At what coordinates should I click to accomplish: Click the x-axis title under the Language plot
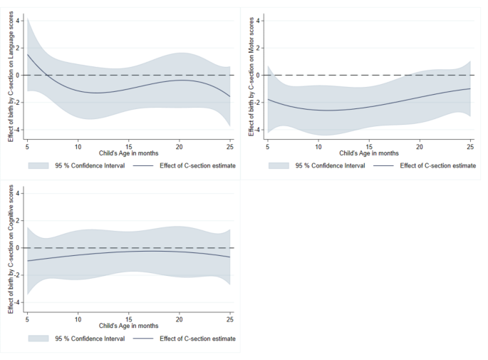pyautogui.click(x=128, y=153)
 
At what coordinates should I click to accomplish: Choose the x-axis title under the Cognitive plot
pyautogui.click(x=128, y=324)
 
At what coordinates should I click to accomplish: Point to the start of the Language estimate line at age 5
pyautogui.click(x=27, y=54)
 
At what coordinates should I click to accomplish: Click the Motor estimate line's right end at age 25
pyautogui.click(x=470, y=88)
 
